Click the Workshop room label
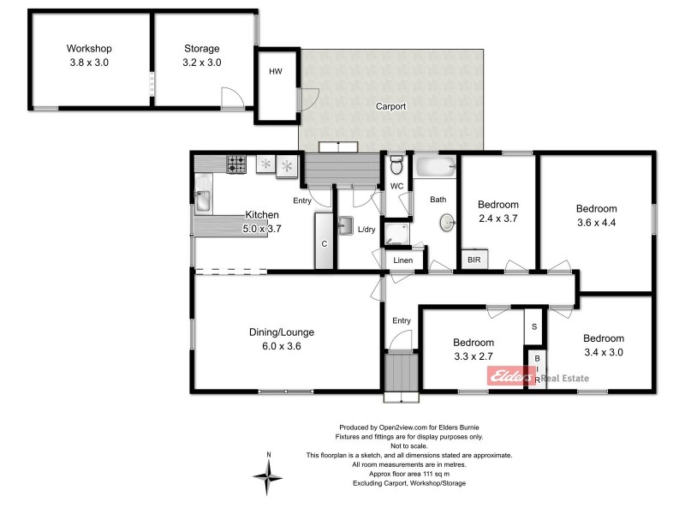89,49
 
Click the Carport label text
390,107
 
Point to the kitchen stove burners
236,163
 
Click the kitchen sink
203,200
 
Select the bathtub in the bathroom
435,164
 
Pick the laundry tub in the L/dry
346,226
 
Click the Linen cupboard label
402,260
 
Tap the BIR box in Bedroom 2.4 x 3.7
472,260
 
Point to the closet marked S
533,326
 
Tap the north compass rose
269,473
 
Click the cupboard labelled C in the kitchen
325,242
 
